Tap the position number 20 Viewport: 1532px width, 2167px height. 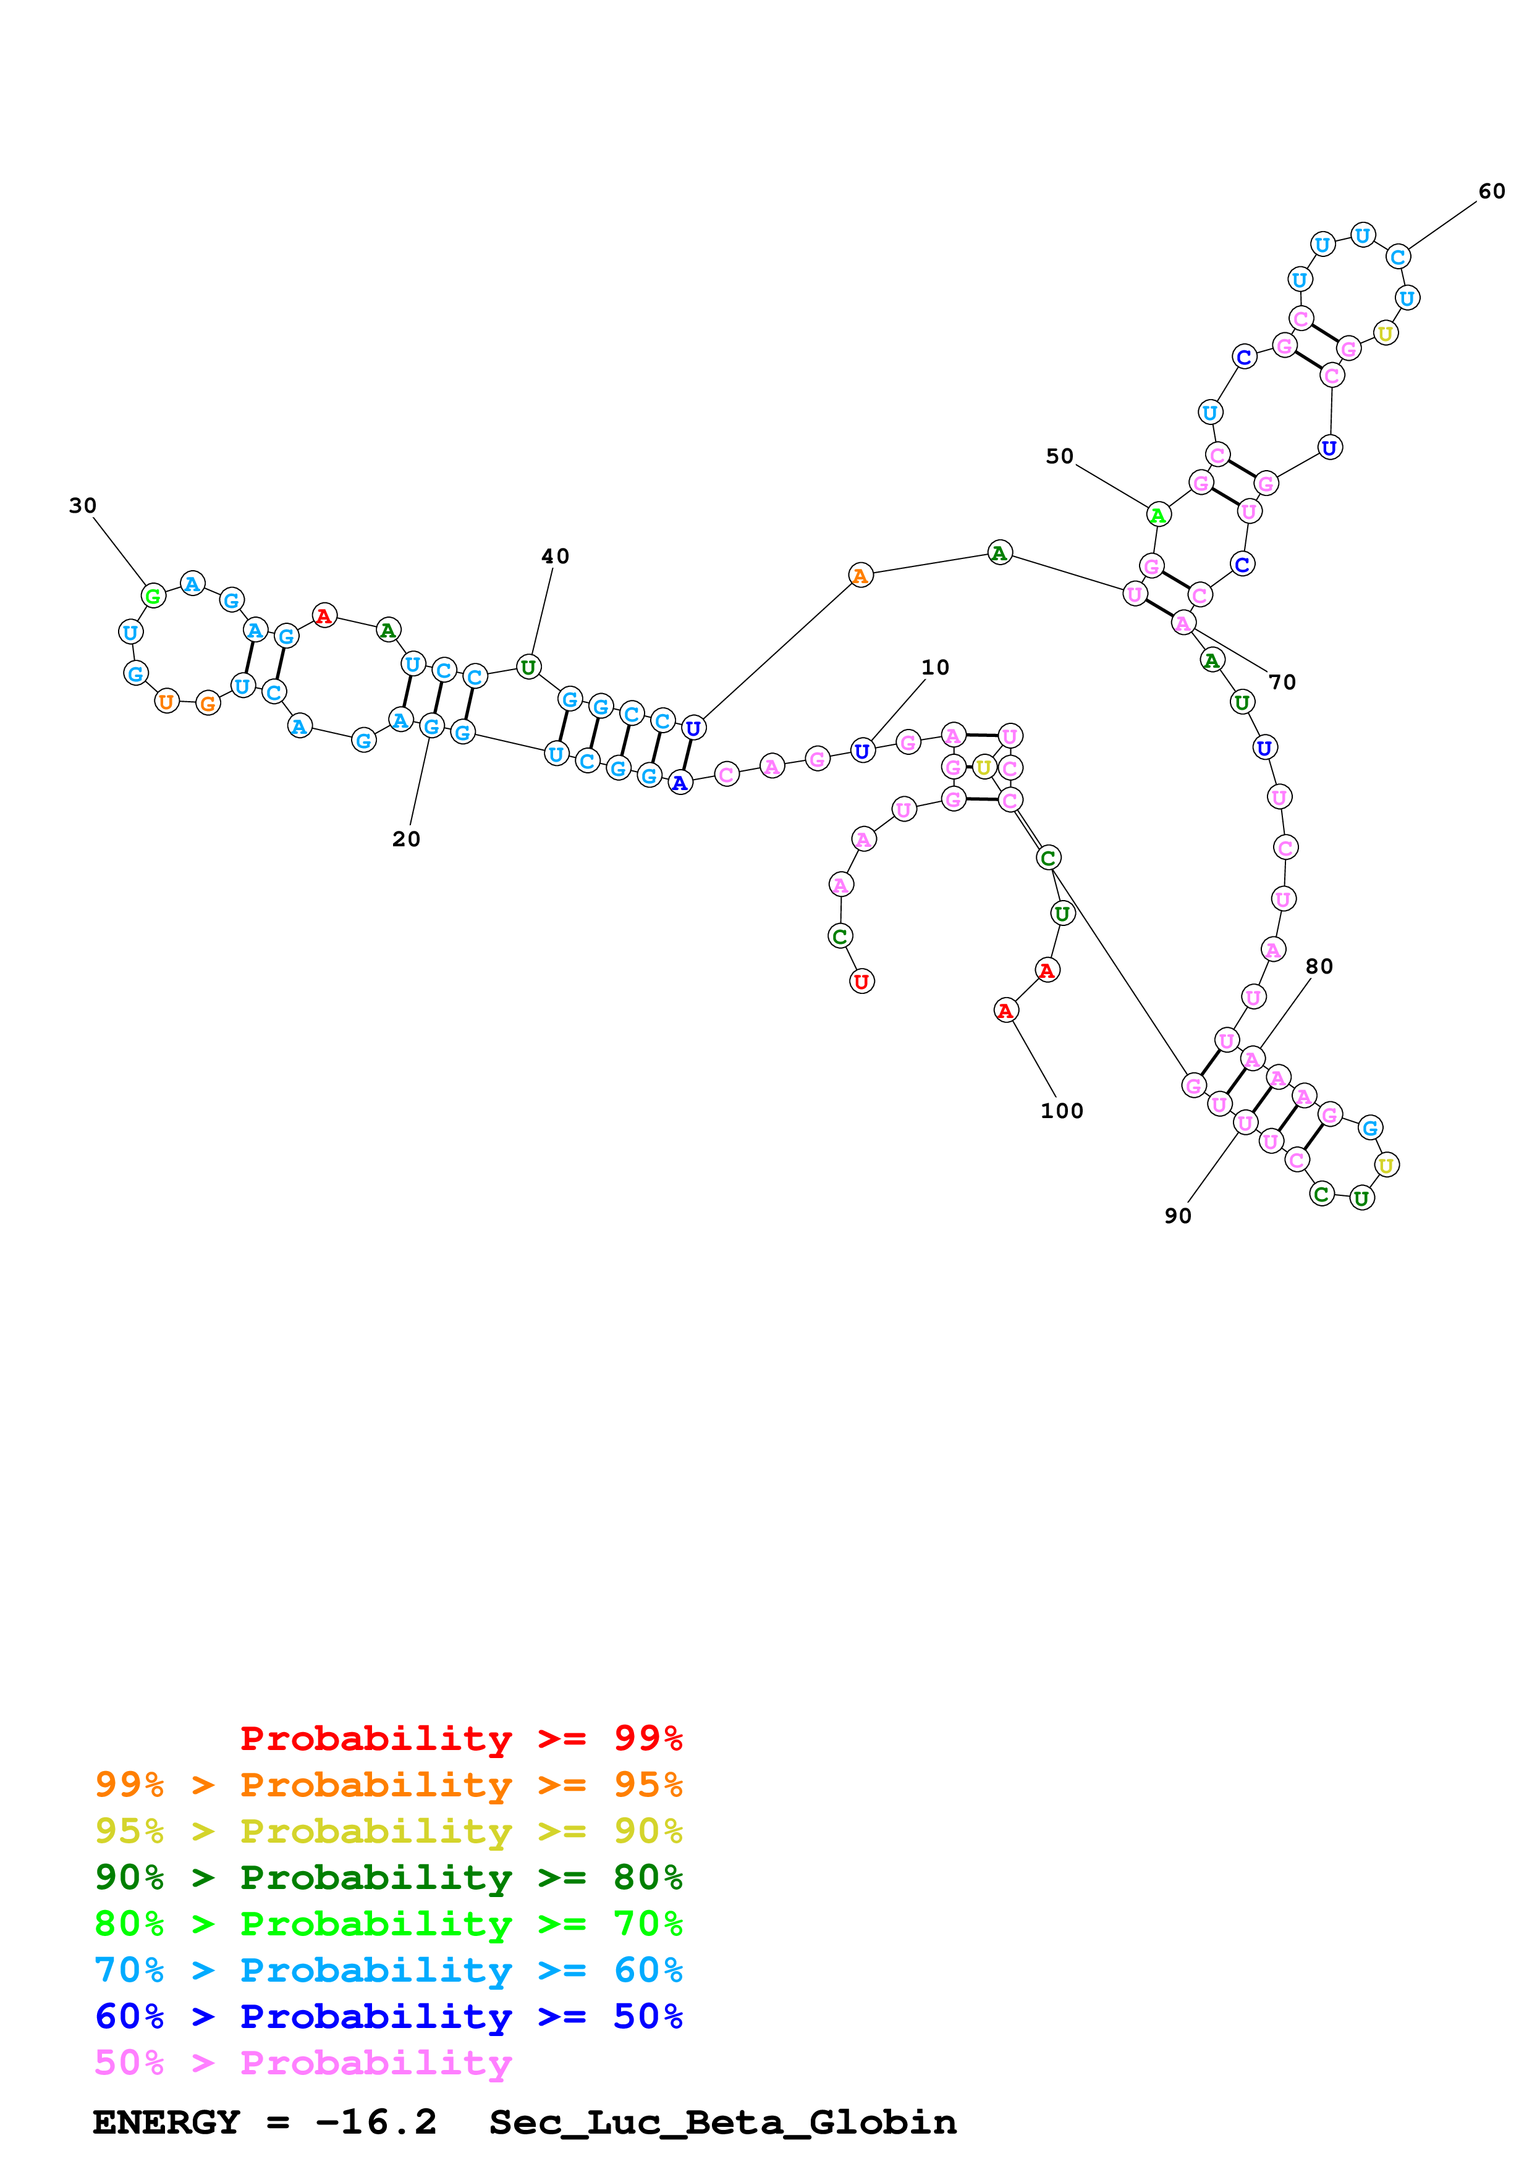(406, 839)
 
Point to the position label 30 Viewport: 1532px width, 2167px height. (83, 506)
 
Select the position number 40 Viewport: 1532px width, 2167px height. (555, 557)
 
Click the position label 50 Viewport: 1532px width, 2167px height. (1059, 457)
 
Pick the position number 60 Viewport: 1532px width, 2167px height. (1491, 191)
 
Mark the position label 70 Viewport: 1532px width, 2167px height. (1282, 683)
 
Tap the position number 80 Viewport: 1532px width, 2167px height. (1319, 967)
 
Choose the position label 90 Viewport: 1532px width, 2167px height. (1177, 1216)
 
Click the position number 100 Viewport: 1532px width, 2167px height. (1061, 1111)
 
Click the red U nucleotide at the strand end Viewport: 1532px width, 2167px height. (861, 982)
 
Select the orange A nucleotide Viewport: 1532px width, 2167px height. (859, 576)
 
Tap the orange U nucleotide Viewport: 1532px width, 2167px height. (166, 701)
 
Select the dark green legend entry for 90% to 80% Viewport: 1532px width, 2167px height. (388, 1877)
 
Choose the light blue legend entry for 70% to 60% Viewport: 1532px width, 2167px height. (388, 1970)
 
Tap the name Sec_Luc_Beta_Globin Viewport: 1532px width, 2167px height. (722, 2123)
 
